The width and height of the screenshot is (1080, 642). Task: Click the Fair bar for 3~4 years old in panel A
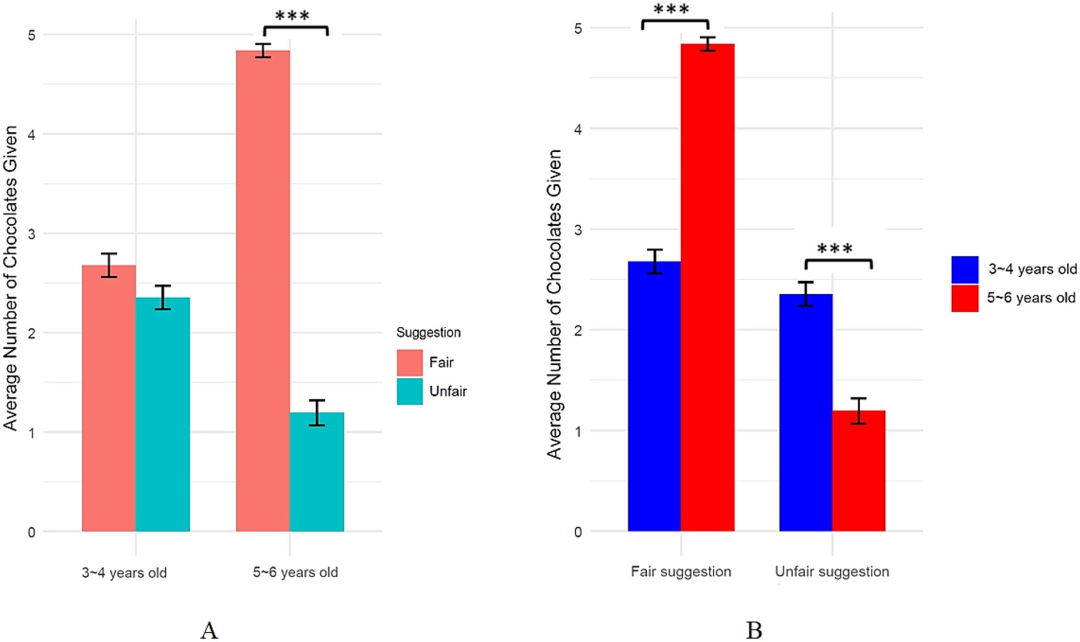(x=108, y=398)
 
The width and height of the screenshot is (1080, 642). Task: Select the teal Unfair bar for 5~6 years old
(x=317, y=472)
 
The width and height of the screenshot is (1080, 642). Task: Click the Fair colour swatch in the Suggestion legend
(x=409, y=362)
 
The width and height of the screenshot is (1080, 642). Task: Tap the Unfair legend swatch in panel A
(x=409, y=391)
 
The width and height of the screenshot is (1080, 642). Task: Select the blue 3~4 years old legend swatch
(x=965, y=269)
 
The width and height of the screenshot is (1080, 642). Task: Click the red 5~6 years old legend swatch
(x=965, y=298)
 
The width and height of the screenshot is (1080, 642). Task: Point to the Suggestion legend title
(x=428, y=332)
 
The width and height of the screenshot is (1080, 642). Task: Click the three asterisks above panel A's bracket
(x=292, y=16)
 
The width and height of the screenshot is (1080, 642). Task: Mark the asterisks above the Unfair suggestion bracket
(x=835, y=249)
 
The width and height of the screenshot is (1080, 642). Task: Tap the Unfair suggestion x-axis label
(x=832, y=572)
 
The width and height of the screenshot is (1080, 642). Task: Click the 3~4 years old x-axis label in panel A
(x=124, y=573)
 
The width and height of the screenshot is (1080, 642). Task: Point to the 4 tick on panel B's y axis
(x=578, y=129)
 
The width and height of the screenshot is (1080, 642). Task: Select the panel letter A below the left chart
(x=209, y=630)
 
